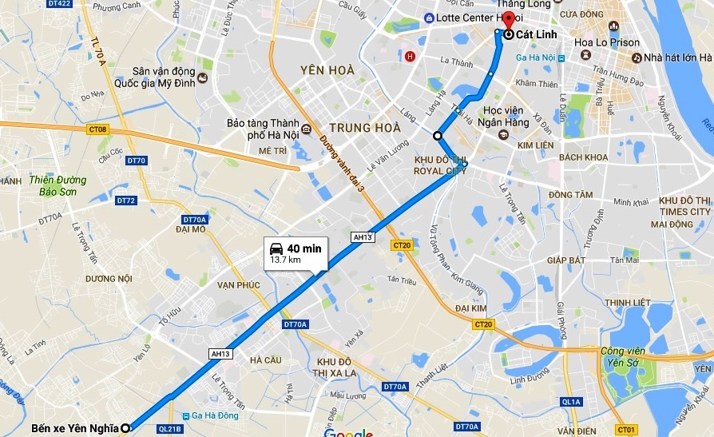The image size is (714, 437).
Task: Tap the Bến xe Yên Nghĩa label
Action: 75,428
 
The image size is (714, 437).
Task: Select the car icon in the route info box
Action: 276,248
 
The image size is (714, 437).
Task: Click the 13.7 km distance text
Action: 285,260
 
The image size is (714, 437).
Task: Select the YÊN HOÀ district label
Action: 327,70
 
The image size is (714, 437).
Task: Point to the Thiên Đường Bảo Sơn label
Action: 58,185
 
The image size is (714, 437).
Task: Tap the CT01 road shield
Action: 626,430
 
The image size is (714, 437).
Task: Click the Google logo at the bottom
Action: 349,431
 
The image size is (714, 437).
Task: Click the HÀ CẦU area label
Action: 265,360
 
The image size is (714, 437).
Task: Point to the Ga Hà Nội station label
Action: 535,58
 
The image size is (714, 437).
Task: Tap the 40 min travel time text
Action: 303,248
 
